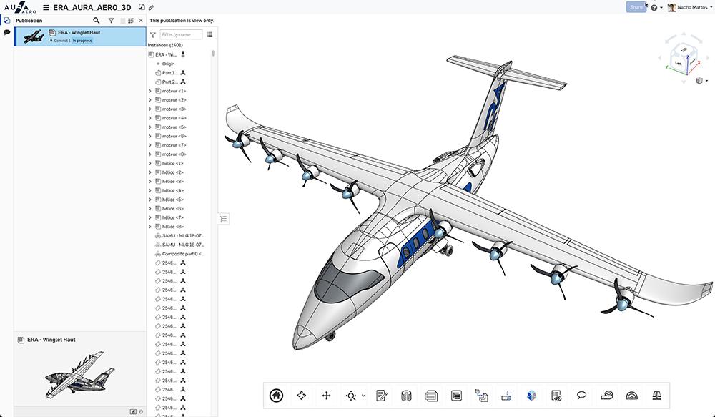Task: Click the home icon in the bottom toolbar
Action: coord(277,395)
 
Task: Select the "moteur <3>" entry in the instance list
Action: coord(174,109)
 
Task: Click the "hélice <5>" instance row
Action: coord(173,200)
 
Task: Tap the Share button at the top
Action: coord(636,7)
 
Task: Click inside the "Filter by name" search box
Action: coord(181,34)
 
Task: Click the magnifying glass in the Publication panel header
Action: coord(97,21)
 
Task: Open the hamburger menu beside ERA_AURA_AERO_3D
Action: coord(46,7)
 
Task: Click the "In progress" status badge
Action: coord(82,41)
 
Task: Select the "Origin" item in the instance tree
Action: coord(168,64)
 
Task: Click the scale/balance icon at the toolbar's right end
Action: coord(656,395)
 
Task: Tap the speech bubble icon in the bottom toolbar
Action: coord(582,395)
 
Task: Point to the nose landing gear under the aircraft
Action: coord(330,336)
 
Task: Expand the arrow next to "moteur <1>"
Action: coord(150,91)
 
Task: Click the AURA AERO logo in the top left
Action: coord(19,7)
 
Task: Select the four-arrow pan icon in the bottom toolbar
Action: coord(327,395)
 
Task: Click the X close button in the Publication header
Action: coord(141,21)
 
